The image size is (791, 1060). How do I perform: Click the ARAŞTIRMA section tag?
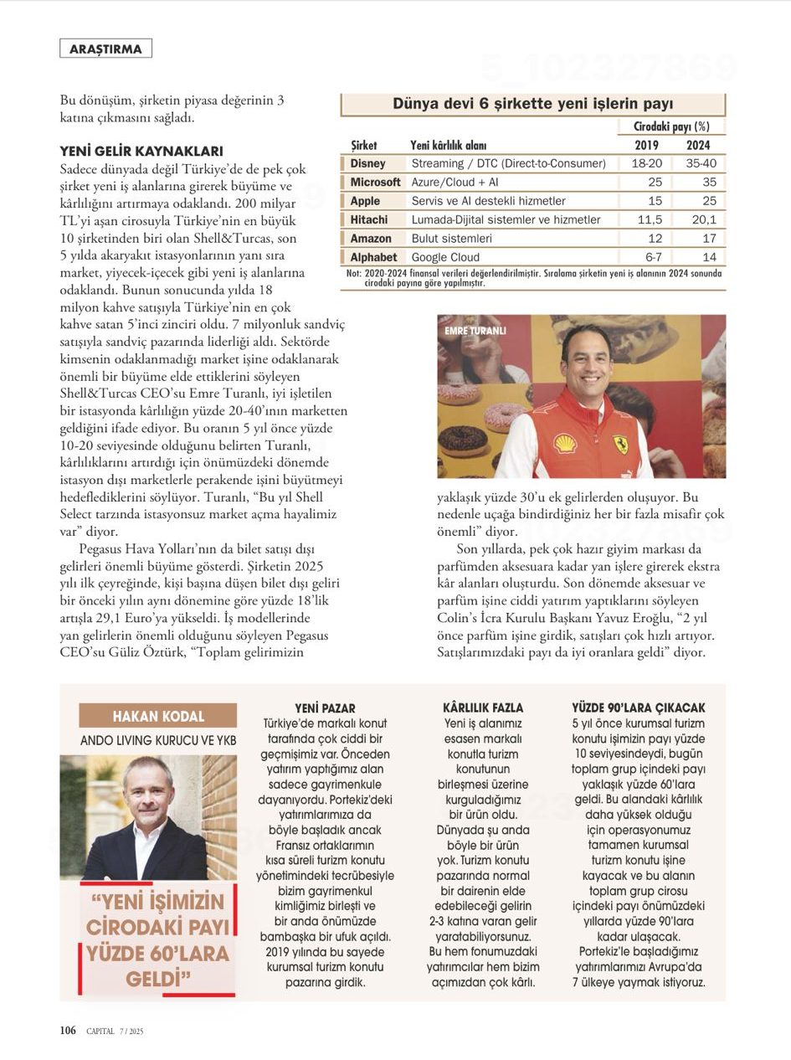[105, 49]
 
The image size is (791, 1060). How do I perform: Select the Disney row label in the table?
[367, 163]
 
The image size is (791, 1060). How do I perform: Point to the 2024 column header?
[699, 145]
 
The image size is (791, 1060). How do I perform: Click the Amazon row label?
[371, 239]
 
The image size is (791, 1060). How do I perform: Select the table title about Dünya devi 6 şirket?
[533, 104]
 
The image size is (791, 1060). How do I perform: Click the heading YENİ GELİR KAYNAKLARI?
[141, 152]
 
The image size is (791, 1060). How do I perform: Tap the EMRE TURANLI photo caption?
[476, 331]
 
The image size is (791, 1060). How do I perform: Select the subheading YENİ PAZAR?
[325, 708]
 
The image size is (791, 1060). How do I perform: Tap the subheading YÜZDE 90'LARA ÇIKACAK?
[639, 708]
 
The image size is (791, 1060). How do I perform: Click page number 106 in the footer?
[69, 1031]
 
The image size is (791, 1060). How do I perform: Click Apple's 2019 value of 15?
[655, 201]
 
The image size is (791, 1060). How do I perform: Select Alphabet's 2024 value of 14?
[709, 257]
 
